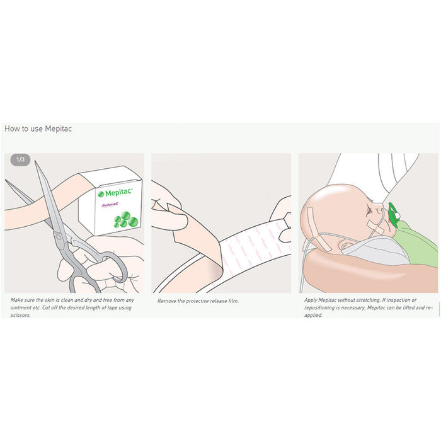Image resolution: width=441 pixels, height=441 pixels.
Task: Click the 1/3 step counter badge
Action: (x=20, y=160)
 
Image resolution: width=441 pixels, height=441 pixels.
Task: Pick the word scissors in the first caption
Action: (x=21, y=315)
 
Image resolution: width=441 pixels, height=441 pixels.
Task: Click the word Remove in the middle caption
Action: (x=166, y=301)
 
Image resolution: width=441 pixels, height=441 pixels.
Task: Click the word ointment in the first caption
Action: (x=22, y=307)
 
